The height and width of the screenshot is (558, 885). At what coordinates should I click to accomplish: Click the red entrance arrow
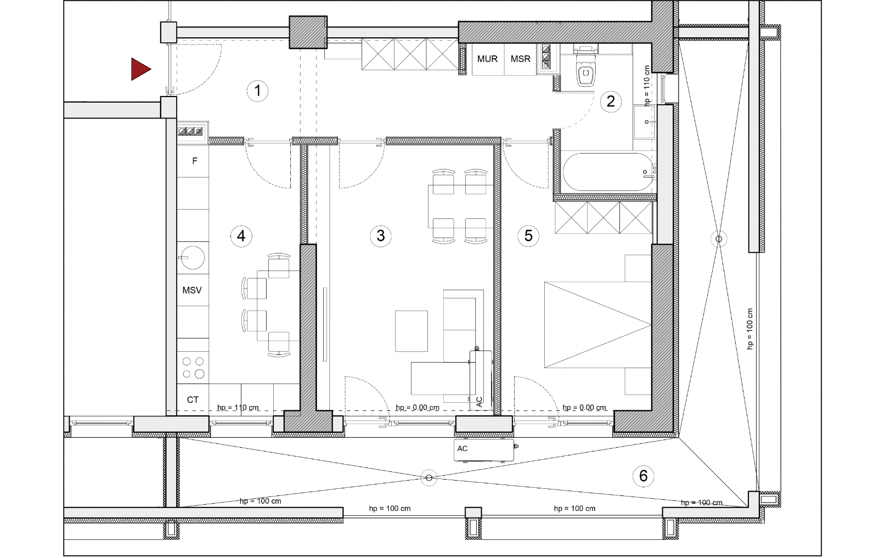[140, 69]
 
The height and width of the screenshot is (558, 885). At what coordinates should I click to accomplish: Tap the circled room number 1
[257, 91]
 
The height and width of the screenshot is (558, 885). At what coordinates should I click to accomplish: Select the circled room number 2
[611, 101]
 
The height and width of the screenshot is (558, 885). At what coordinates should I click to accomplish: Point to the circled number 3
[380, 236]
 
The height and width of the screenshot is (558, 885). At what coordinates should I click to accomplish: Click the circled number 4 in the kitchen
[241, 236]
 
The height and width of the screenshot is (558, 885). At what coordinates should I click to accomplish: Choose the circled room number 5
[528, 236]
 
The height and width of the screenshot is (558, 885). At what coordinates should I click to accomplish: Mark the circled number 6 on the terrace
[643, 476]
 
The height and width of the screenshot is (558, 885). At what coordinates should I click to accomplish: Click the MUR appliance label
[487, 59]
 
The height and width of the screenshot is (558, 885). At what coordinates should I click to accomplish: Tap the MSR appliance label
[520, 59]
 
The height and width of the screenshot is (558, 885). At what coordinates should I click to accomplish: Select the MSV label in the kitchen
[192, 290]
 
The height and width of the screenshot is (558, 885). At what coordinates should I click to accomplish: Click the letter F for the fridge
[194, 161]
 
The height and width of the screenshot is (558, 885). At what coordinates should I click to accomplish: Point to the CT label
[193, 400]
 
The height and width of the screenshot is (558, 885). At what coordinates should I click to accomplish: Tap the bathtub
[609, 172]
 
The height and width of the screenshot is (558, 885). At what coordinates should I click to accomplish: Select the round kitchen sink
[193, 258]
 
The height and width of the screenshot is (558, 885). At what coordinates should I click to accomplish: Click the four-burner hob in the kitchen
[193, 368]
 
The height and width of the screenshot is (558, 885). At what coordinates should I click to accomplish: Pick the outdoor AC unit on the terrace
[484, 449]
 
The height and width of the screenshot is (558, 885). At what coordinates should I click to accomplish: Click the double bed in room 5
[597, 325]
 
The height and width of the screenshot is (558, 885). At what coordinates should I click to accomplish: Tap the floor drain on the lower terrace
[429, 478]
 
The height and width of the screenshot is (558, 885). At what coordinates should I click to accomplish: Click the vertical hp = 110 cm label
[647, 86]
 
